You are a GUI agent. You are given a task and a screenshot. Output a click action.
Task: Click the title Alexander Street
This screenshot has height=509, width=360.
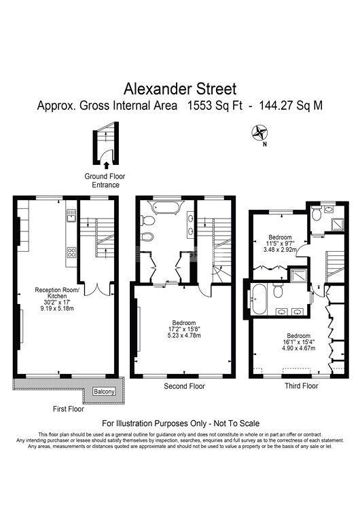[x=180, y=89]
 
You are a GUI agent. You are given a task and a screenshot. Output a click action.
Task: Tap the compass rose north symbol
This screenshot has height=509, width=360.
[x=259, y=133]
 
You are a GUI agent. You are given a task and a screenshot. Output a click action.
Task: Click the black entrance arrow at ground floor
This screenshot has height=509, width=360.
[x=106, y=166]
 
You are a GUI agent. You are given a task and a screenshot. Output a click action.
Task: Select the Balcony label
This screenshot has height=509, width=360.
[x=104, y=392]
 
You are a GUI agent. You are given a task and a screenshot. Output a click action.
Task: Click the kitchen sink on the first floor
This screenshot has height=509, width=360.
[x=71, y=215]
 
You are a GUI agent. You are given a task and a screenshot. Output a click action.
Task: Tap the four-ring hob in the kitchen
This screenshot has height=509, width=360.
[x=71, y=252]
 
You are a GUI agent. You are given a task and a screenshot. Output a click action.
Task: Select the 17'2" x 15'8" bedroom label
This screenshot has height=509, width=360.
[x=184, y=329]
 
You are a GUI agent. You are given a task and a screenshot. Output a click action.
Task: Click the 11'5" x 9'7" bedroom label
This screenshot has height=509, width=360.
[x=280, y=244]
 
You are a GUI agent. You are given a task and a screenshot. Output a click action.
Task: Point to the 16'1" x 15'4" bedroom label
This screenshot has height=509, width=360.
[x=298, y=342]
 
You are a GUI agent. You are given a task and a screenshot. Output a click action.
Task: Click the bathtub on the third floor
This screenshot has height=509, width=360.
[x=259, y=299]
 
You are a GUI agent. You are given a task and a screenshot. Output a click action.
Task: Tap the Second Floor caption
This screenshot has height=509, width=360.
[x=184, y=386]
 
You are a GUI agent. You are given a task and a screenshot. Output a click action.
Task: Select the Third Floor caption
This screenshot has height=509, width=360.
[x=301, y=386]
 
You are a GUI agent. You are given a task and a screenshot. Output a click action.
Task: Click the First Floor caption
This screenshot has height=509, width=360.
[x=68, y=409]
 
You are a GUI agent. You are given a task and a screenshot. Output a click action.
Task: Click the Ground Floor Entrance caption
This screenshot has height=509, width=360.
[x=105, y=181]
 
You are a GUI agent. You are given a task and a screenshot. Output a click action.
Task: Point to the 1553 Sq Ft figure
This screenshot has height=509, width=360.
[x=215, y=106]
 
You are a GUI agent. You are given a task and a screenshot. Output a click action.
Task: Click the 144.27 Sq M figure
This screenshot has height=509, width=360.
[x=291, y=106]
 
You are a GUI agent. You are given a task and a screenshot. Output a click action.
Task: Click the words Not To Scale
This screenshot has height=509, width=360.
[x=236, y=423]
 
